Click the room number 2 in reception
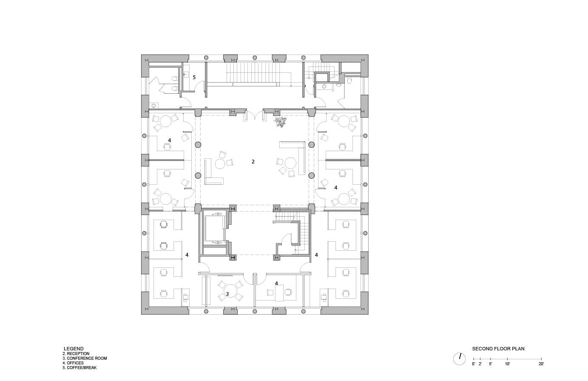click(253, 162)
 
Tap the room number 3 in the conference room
click(227, 294)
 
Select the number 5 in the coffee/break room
click(194, 77)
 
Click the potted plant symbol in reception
click(280, 123)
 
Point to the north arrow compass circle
click(460, 358)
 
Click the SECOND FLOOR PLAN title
click(498, 349)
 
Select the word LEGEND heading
click(74, 349)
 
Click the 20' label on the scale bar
click(541, 364)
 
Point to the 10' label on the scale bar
click(507, 364)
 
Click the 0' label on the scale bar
click(474, 364)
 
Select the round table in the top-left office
click(165, 121)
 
